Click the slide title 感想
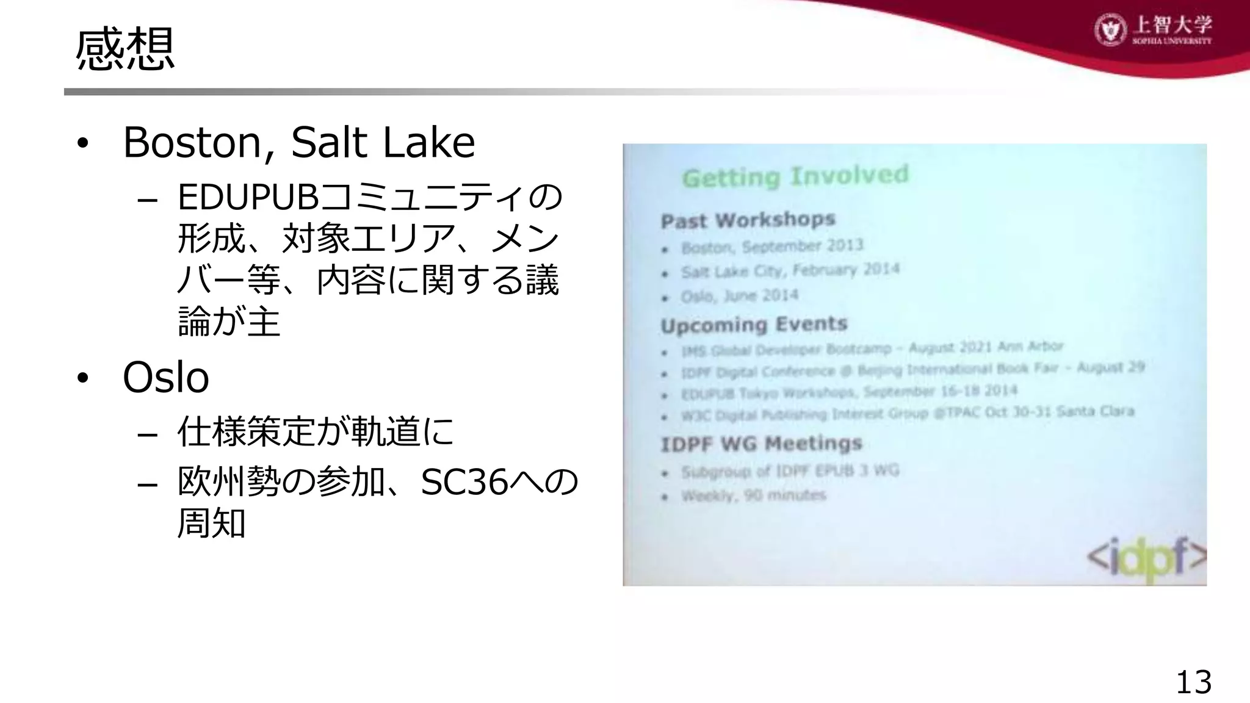pyautogui.click(x=125, y=49)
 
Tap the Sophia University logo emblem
pyautogui.click(x=1110, y=29)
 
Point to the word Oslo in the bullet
pyautogui.click(x=166, y=377)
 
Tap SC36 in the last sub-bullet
pyautogui.click(x=464, y=482)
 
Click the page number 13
pyautogui.click(x=1193, y=682)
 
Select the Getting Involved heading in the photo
pyautogui.click(x=795, y=176)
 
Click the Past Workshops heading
pyautogui.click(x=748, y=220)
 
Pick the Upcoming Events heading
pyautogui.click(x=754, y=325)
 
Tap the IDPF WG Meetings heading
pyautogui.click(x=761, y=444)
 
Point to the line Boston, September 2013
pyautogui.click(x=772, y=247)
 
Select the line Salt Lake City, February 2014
pyautogui.click(x=790, y=270)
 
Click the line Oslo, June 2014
pyautogui.click(x=740, y=297)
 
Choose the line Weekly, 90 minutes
pyautogui.click(x=753, y=496)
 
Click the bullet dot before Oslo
pyautogui.click(x=83, y=378)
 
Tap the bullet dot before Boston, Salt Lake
pyautogui.click(x=83, y=144)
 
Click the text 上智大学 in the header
pyautogui.click(x=1172, y=25)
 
